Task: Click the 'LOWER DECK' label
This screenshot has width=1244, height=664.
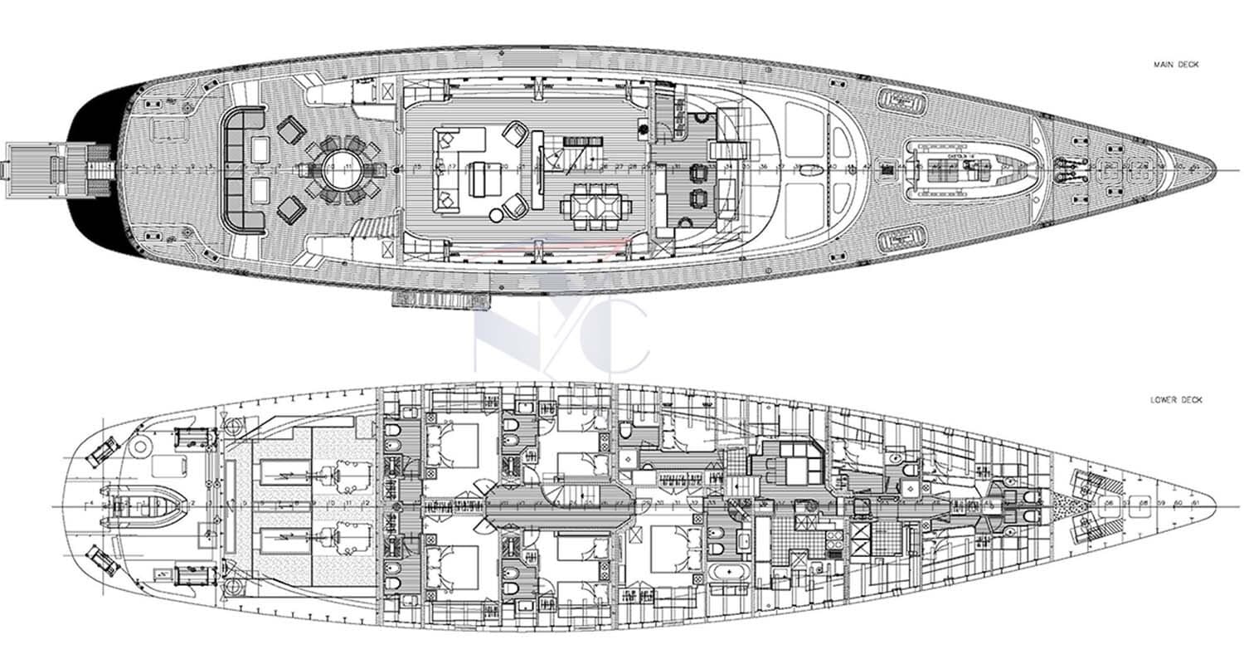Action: pos(1176,400)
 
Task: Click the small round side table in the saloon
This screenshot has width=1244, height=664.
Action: pos(496,215)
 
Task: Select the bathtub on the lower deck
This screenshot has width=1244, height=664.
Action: pos(726,573)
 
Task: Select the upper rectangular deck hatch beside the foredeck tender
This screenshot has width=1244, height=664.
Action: pos(901,100)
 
